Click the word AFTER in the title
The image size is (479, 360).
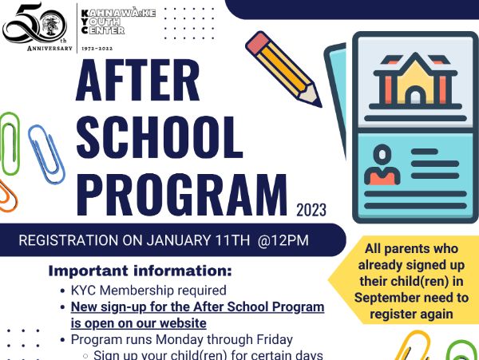pos(137,80)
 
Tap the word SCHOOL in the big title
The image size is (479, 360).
pos(159,137)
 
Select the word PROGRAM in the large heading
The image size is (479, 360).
pos(182,195)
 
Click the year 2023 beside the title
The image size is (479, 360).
pos(311,210)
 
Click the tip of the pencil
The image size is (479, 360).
pos(319,105)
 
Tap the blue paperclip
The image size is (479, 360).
pos(46,155)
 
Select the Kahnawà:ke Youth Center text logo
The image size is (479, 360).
pos(118,22)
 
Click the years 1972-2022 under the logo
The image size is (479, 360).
pos(97,49)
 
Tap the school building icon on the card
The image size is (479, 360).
pos(415,81)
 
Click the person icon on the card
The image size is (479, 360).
pos(382,164)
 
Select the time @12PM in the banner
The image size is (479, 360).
pos(283,240)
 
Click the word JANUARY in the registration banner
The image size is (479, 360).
pos(178,240)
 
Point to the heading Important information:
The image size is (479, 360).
pos(141,271)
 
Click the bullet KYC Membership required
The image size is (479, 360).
pos(148,291)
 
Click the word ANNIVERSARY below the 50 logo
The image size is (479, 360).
pos(49,49)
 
